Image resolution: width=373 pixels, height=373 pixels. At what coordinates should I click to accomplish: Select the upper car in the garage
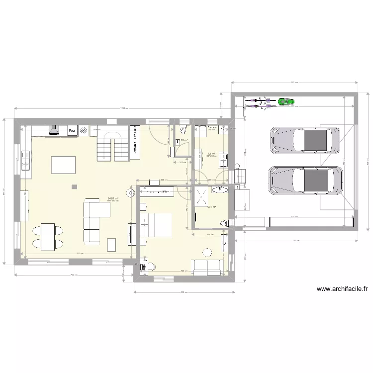tap(305, 140)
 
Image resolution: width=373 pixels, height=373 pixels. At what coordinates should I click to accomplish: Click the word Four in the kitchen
tap(72, 131)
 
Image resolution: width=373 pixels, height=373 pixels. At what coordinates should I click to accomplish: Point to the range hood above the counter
tap(54, 130)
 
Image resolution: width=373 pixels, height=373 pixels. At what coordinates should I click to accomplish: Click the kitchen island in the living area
tap(64, 165)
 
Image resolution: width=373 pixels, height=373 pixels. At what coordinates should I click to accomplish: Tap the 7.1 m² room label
tap(211, 154)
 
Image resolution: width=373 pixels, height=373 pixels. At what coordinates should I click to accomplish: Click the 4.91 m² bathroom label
tap(211, 207)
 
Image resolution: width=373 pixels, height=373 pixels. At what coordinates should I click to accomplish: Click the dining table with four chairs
tap(48, 236)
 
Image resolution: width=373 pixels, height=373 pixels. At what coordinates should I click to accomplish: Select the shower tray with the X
tap(203, 195)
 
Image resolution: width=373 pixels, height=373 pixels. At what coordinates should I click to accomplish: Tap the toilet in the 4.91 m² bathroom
tap(224, 222)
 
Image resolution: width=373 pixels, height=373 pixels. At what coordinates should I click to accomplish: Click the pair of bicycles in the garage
tap(260, 102)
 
